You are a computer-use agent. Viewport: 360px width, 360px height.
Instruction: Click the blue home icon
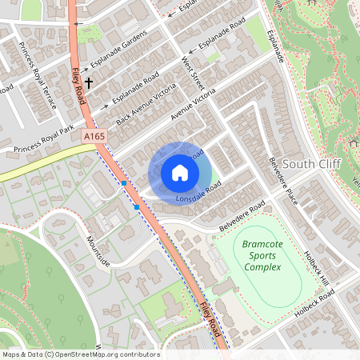[179, 173]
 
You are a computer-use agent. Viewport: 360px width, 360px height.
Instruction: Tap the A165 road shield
[94, 138]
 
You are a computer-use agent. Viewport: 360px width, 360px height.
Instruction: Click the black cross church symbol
[89, 82]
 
